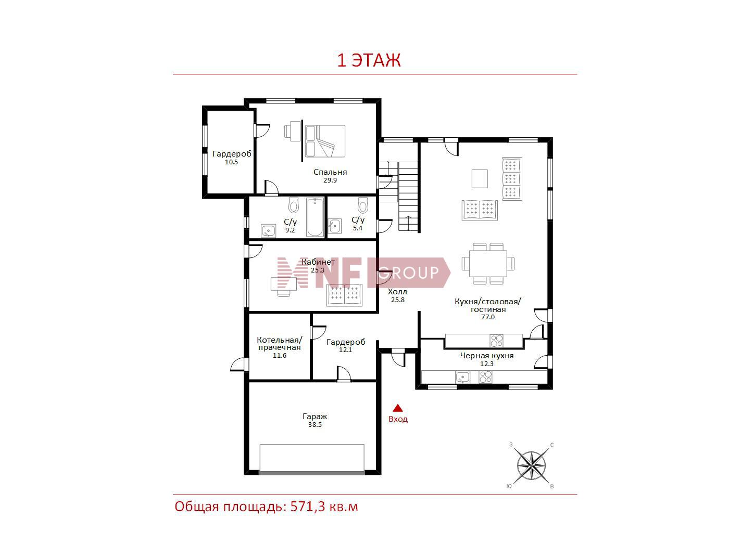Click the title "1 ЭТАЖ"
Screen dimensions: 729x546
(x=369, y=61)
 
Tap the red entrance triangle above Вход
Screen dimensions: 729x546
(x=397, y=408)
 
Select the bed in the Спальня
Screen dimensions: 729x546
(x=325, y=141)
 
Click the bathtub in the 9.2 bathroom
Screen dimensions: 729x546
(x=315, y=217)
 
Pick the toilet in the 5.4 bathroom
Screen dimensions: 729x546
(x=363, y=205)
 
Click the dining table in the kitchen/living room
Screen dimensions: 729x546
(x=488, y=264)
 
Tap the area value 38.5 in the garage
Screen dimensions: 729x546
(x=315, y=425)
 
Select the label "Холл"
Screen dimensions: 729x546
(x=397, y=292)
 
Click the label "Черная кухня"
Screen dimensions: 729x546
(x=486, y=356)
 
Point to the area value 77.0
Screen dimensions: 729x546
(x=487, y=317)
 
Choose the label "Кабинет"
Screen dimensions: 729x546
(x=318, y=262)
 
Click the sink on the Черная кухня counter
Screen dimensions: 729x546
(x=462, y=377)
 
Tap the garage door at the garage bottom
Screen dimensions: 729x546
(x=312, y=473)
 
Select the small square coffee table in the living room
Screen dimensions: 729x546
(x=480, y=179)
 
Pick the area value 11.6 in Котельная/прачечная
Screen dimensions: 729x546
(x=279, y=355)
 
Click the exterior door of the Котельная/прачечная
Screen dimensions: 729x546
(x=240, y=365)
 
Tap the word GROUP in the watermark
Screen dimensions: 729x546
(x=408, y=272)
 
